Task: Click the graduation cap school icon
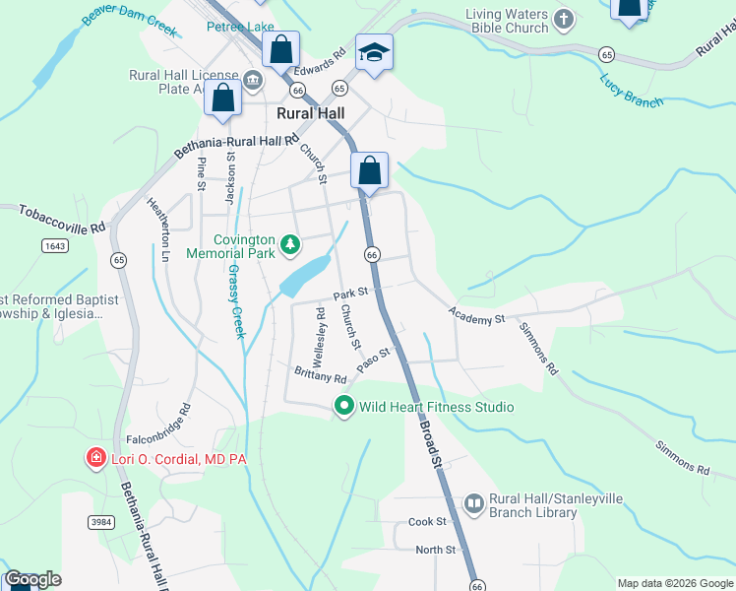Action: click(374, 51)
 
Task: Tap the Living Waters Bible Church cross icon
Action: click(563, 19)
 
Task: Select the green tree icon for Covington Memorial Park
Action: click(289, 243)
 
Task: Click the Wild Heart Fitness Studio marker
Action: click(344, 405)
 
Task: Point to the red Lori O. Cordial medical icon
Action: click(95, 457)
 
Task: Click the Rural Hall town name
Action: click(310, 113)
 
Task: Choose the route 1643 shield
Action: click(55, 245)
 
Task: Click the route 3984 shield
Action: click(100, 521)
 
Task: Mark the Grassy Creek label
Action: click(236, 301)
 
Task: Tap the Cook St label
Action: click(428, 521)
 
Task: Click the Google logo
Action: click(32, 579)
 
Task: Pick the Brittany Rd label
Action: click(321, 374)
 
